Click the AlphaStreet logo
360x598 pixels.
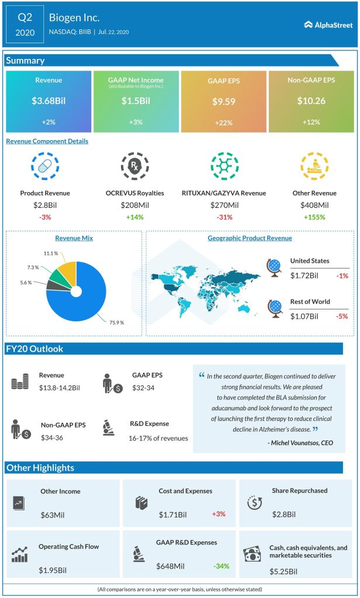(x=328, y=25)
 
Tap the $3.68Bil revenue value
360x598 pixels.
(x=49, y=101)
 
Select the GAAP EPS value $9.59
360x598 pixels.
(x=224, y=101)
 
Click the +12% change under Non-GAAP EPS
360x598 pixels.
(x=312, y=122)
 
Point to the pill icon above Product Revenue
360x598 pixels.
(x=45, y=166)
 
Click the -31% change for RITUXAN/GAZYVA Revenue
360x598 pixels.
(x=224, y=217)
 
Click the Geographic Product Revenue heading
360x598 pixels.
(x=250, y=238)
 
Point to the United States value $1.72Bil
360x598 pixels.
(x=304, y=276)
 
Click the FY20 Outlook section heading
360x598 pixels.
(x=34, y=349)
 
